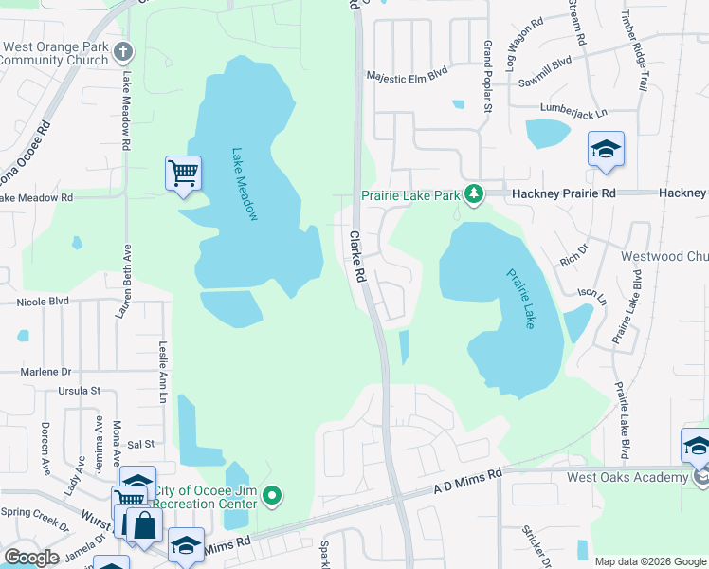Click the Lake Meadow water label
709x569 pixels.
245,185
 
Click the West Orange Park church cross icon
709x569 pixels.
122,50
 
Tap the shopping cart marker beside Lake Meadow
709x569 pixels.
183,173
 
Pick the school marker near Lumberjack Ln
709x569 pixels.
606,149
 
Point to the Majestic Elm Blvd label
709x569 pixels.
407,72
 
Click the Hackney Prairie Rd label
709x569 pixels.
564,193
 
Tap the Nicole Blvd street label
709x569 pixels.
43,302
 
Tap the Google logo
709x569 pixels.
32,557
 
